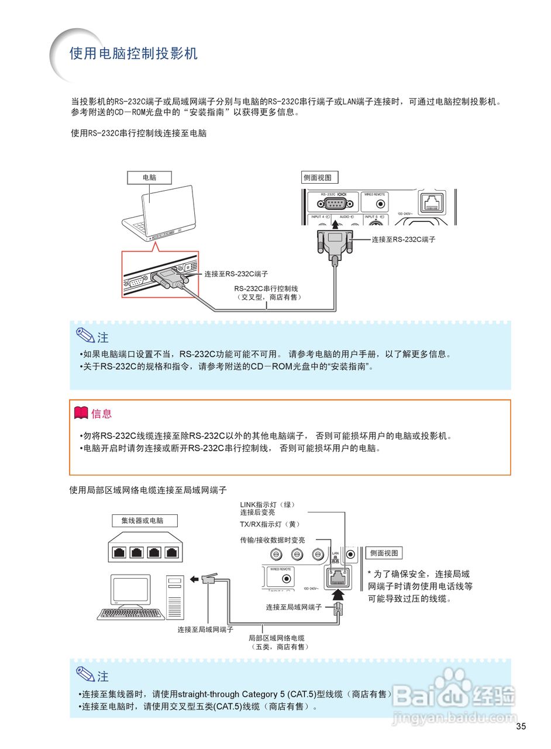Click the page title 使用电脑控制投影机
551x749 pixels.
click(133, 54)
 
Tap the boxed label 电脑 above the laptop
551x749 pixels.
click(149, 177)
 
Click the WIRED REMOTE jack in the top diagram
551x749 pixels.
click(381, 204)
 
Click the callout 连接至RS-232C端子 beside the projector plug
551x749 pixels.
click(404, 239)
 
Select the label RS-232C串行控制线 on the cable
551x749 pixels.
click(266, 288)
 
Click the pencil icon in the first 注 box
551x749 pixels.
click(85, 336)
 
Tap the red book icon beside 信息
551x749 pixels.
click(81, 413)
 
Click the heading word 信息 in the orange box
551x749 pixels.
click(101, 414)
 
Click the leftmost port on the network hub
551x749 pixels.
click(118, 552)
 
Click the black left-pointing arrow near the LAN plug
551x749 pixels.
click(194, 579)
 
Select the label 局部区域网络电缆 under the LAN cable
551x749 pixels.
click(277, 638)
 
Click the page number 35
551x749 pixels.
click(521, 726)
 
